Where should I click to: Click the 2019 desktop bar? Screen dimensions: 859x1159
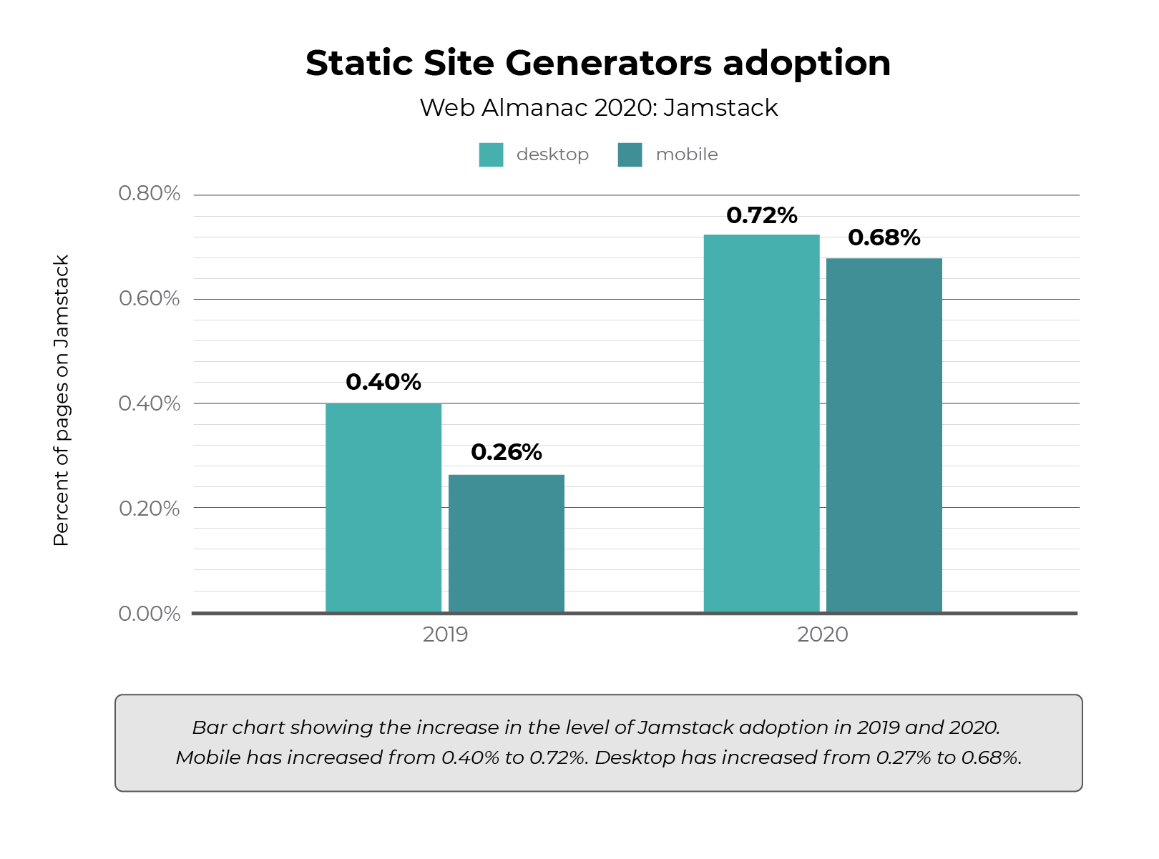click(x=383, y=508)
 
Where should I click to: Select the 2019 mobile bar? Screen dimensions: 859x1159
click(x=507, y=544)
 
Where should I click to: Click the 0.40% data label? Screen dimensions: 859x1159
click(x=383, y=382)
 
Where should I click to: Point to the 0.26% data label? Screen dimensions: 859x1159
click(x=507, y=452)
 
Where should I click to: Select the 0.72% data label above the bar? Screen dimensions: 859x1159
click(x=761, y=215)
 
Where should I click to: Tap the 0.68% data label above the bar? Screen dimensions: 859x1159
click(x=884, y=237)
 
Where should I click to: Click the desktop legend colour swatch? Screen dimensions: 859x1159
click(x=491, y=154)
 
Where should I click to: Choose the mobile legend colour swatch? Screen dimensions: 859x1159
click(x=630, y=154)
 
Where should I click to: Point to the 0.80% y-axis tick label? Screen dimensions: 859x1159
click(x=149, y=194)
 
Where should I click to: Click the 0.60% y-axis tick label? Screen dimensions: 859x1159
click(x=149, y=298)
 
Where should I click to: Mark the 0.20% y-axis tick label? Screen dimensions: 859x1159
click(x=149, y=509)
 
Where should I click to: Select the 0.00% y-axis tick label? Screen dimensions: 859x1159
click(x=149, y=614)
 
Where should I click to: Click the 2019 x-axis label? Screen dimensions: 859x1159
click(x=445, y=634)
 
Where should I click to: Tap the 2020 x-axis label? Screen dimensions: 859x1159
click(x=823, y=634)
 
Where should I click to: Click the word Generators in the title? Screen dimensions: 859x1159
click(x=609, y=63)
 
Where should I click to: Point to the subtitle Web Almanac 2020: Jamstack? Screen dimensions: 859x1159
click(x=598, y=107)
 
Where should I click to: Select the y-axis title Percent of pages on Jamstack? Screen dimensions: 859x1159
click(x=62, y=401)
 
